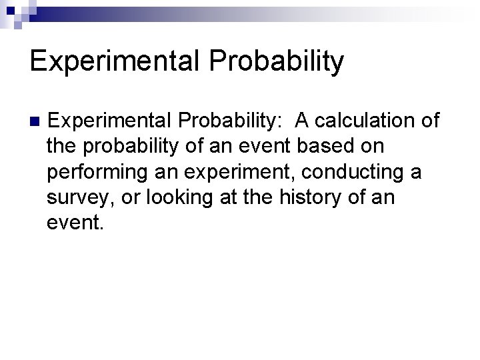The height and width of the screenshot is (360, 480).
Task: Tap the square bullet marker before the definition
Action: [35, 121]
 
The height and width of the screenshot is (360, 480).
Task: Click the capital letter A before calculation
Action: [303, 121]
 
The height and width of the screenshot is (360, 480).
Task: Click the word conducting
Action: [351, 171]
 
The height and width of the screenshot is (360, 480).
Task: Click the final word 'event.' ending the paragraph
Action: [75, 222]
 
